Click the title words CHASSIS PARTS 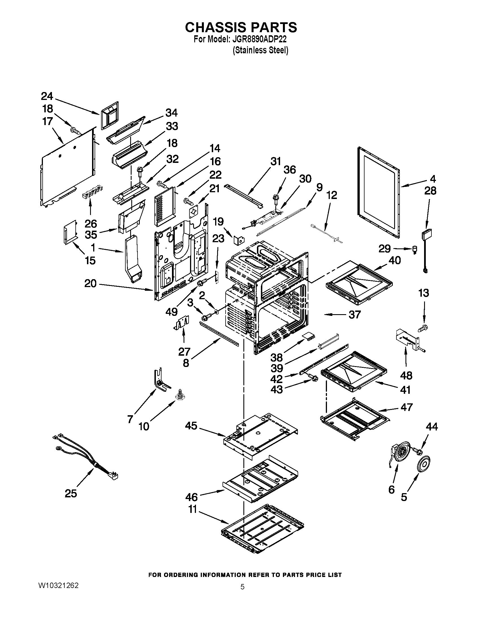pos(241,28)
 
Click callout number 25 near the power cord pos(71,493)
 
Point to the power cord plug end pos(115,476)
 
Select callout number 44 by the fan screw pos(432,427)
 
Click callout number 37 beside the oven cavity pos(354,314)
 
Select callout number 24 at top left pos(47,96)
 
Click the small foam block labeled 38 pos(308,336)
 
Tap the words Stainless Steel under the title pos(261,50)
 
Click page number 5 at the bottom pos(242,587)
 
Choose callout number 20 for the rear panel pos(90,283)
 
